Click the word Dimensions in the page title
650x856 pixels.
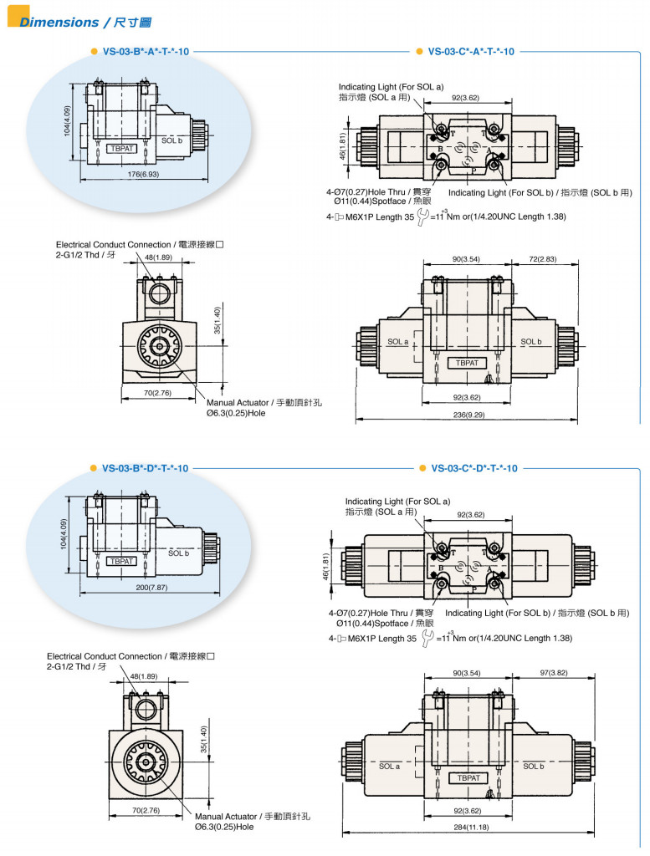[x=59, y=23]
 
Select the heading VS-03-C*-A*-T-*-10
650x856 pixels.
[x=471, y=51]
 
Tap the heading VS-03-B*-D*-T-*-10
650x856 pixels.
[x=145, y=468]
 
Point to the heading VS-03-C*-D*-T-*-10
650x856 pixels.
[x=473, y=468]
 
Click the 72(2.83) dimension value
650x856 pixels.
[x=542, y=259]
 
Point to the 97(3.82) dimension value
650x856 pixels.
[x=553, y=672]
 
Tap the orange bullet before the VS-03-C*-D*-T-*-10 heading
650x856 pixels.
[x=421, y=468]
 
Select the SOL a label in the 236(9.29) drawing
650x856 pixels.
[x=397, y=342]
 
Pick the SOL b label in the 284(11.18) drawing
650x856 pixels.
[x=534, y=766]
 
